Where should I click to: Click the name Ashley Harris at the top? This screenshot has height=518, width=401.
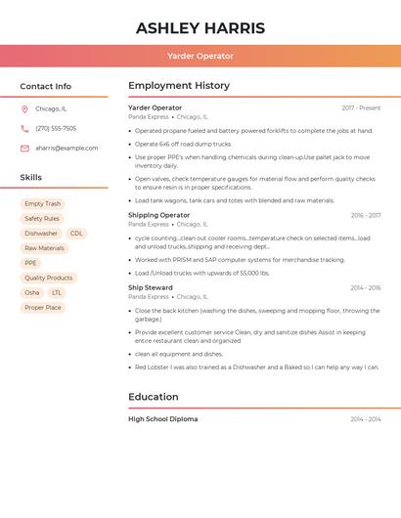(x=200, y=27)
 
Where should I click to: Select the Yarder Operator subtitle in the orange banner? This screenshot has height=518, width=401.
(x=200, y=56)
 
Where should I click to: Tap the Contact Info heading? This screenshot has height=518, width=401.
(x=45, y=86)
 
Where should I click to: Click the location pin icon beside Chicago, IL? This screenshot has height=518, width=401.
(x=24, y=108)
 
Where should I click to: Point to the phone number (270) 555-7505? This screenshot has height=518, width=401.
(x=56, y=128)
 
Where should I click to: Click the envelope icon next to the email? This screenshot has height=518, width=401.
(x=24, y=149)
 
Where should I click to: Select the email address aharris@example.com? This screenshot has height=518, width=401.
(x=67, y=149)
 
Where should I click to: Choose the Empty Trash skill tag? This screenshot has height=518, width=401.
(x=42, y=204)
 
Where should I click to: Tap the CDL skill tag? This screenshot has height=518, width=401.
(x=76, y=234)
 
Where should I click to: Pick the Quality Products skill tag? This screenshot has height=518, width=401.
(x=48, y=278)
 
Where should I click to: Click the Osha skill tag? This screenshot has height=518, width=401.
(x=32, y=292)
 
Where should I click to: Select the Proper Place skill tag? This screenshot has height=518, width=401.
(x=43, y=307)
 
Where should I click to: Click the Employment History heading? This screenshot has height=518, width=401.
(x=179, y=86)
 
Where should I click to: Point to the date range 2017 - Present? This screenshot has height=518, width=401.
(x=361, y=108)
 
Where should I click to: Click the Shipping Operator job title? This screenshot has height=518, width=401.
(x=158, y=215)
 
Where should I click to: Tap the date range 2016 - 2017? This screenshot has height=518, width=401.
(x=366, y=215)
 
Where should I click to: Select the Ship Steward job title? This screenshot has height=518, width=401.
(x=151, y=287)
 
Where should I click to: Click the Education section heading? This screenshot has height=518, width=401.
(x=154, y=397)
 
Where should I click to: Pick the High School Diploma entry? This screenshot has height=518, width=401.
(x=162, y=418)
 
